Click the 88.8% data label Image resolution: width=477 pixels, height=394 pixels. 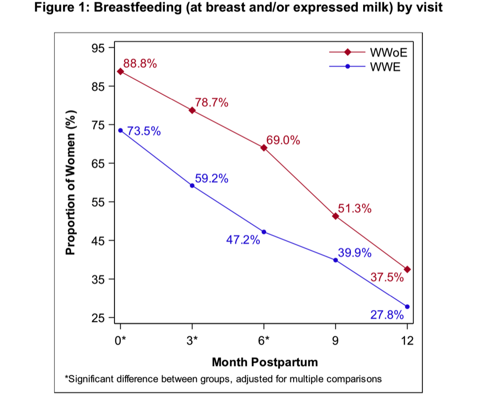click(x=140, y=63)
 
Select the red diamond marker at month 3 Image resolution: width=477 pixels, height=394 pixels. click(x=192, y=110)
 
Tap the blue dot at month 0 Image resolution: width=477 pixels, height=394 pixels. click(x=120, y=130)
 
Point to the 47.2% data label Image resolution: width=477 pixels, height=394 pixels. click(x=243, y=240)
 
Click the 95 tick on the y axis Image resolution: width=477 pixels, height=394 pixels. click(x=99, y=48)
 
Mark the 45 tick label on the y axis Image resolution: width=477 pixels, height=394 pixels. click(x=99, y=241)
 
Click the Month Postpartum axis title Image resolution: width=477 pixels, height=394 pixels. click(x=264, y=362)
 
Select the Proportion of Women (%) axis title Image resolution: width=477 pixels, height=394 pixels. click(x=70, y=182)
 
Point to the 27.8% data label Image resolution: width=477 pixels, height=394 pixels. click(x=387, y=315)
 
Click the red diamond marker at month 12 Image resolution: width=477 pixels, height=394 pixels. click(x=407, y=269)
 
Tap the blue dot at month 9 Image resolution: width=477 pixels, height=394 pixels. click(x=335, y=260)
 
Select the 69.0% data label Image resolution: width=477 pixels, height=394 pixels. click(x=283, y=140)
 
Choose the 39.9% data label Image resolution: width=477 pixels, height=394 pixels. click(x=355, y=253)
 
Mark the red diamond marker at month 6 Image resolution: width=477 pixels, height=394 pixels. click(x=264, y=148)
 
